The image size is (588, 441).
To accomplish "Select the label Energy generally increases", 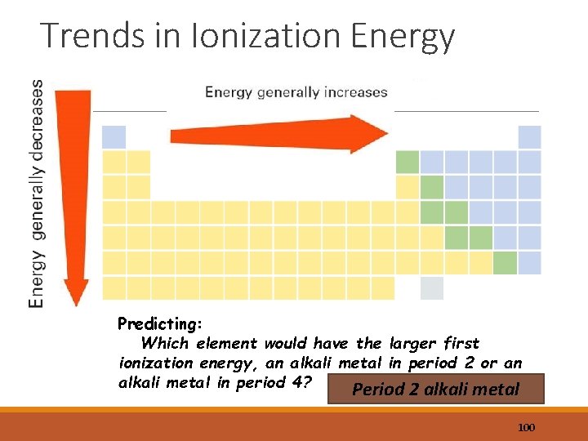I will click(296, 92).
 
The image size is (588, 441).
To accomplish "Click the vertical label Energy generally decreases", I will click(37, 193).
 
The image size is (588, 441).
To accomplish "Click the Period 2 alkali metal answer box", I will click(434, 390).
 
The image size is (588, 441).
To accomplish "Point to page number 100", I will click(527, 428).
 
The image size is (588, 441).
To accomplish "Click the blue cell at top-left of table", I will click(114, 137).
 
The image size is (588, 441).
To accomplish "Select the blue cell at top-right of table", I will click(530, 137).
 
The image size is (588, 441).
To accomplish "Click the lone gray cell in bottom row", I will click(431, 288).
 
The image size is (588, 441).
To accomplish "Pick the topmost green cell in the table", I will click(407, 162).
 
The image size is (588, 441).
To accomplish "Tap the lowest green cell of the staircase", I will click(506, 263).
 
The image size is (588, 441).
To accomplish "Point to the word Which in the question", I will click(163, 344).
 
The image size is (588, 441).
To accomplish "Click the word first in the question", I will click(461, 344).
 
